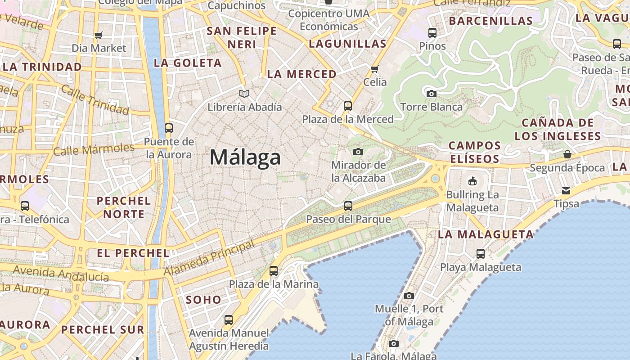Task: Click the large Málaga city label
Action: pos(245,157)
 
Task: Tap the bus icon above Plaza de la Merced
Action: pos(348,106)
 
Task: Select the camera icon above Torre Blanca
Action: pos(431,94)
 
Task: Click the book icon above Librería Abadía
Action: pos(244,94)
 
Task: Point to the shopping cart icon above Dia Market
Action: pos(99,35)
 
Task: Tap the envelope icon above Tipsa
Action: pos(566,191)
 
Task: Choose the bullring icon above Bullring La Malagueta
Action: pos(472,181)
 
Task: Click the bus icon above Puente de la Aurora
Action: pos(169,128)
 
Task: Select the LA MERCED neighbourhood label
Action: pos(301,74)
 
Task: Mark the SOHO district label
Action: pos(203,300)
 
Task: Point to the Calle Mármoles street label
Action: pos(94,149)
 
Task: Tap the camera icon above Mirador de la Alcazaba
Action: pos(358,152)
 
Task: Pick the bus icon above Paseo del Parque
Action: pos(348,206)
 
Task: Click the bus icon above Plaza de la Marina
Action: pos(274,271)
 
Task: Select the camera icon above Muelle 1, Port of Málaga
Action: pos(409,296)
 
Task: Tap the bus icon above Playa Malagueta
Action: pos(481,254)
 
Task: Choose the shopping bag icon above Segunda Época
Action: pos(567,155)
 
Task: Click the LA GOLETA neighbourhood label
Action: pos(188,63)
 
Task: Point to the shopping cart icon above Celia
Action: pos(374,69)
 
